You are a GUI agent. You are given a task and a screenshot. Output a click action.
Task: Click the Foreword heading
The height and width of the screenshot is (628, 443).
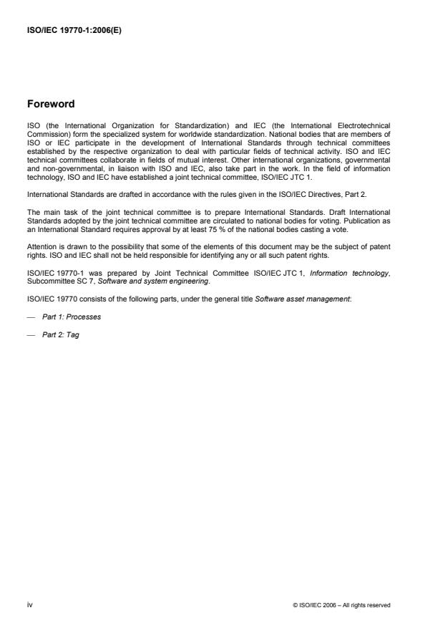point(50,103)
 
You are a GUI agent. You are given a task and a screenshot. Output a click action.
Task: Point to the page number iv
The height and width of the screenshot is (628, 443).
point(29,605)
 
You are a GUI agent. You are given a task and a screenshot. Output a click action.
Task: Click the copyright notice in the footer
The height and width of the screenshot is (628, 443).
point(341,606)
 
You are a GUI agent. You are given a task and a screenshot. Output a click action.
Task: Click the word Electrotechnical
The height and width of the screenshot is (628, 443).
point(364,125)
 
